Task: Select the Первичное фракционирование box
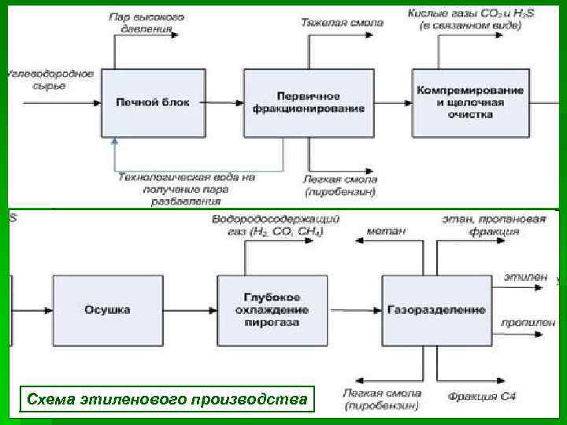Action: [309, 102]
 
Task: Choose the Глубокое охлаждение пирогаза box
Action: [272, 310]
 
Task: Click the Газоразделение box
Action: [435, 310]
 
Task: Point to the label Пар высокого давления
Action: [147, 23]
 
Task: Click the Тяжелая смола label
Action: [342, 23]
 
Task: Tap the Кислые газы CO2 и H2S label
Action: [465, 19]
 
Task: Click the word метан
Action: [386, 231]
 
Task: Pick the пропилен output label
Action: [528, 323]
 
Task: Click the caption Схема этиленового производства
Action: [166, 399]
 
